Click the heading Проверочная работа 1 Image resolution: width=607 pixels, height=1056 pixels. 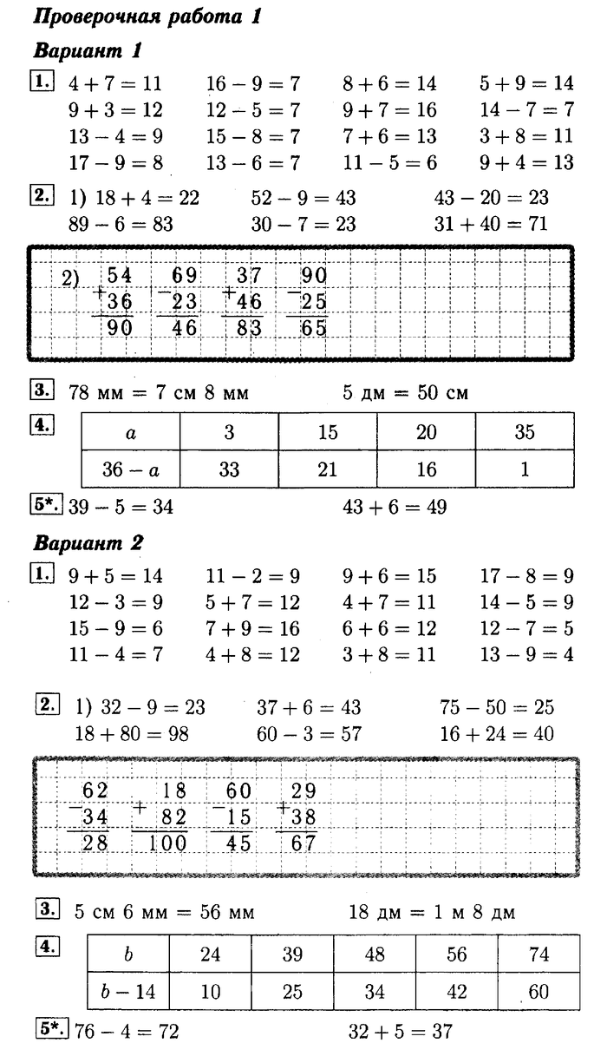147,16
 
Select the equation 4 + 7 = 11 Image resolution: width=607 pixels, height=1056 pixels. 114,84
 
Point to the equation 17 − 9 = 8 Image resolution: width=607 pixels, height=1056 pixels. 114,162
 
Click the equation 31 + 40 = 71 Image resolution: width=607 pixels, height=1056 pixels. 490,224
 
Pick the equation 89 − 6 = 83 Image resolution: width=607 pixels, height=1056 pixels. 121,224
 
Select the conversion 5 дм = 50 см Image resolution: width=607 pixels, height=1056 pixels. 405,392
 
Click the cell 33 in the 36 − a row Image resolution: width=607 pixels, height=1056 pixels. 229,469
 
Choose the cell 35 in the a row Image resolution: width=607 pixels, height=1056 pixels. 524,431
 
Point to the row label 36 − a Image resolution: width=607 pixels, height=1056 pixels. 131,469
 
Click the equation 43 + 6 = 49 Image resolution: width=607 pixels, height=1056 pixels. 396,507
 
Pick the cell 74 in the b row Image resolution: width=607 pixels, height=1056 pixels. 538,954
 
